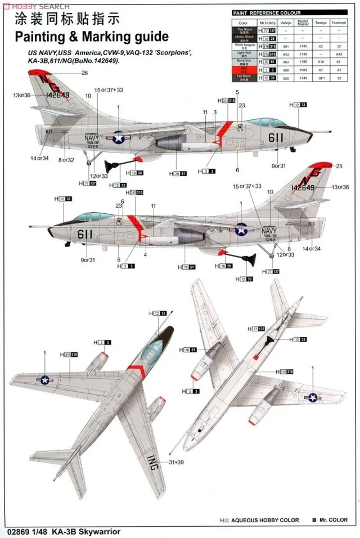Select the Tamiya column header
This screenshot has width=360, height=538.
[x=321, y=23]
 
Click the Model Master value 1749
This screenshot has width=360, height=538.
[x=304, y=79]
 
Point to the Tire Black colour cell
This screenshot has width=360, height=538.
[x=243, y=30]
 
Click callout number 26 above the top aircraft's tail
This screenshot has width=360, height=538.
[x=84, y=73]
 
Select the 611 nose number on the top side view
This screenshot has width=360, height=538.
[x=276, y=137]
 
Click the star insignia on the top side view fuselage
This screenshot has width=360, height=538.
[x=119, y=136]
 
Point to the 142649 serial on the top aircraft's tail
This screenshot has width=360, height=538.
[x=54, y=95]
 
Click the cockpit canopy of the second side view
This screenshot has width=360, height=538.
[x=89, y=216]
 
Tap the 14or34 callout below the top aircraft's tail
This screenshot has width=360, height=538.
[x=39, y=159]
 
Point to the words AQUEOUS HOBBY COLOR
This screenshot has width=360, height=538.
[x=268, y=520]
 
